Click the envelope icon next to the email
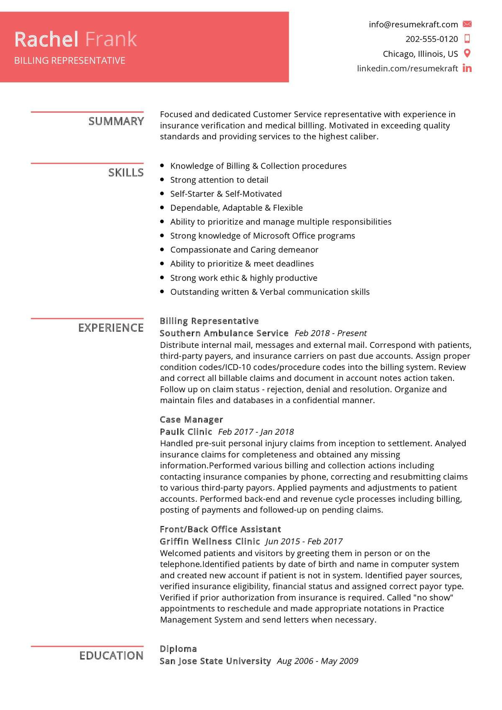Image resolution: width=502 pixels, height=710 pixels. tap(467, 24)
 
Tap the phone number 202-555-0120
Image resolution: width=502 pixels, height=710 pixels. tap(432, 39)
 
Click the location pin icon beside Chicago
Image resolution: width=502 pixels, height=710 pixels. tap(467, 54)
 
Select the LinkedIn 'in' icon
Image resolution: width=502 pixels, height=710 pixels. tap(467, 68)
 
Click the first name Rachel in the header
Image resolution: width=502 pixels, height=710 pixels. tap(46, 39)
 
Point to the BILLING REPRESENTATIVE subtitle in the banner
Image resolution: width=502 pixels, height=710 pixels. tap(69, 61)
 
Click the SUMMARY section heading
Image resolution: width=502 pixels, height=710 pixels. tap(116, 121)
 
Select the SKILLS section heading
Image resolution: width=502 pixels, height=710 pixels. tap(125, 173)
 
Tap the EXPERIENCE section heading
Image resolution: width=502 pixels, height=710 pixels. tap(111, 328)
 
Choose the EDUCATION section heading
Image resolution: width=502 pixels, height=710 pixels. tap(111, 656)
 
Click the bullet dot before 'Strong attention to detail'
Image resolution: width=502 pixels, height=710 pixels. tap(162, 180)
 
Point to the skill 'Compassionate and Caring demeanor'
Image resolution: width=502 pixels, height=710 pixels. tap(244, 250)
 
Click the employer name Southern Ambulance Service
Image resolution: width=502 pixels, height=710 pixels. tap(224, 333)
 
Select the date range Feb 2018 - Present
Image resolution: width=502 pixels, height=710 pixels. tap(330, 333)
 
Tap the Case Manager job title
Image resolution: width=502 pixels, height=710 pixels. tap(191, 419)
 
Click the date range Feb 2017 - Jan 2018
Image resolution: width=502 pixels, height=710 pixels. tap(256, 432)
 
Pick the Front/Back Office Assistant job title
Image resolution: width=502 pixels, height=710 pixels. tap(220, 529)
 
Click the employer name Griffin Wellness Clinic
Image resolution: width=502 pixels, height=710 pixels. tap(210, 541)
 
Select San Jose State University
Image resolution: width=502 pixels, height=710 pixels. tap(215, 661)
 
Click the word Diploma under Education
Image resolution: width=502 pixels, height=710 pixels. tap(178, 649)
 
